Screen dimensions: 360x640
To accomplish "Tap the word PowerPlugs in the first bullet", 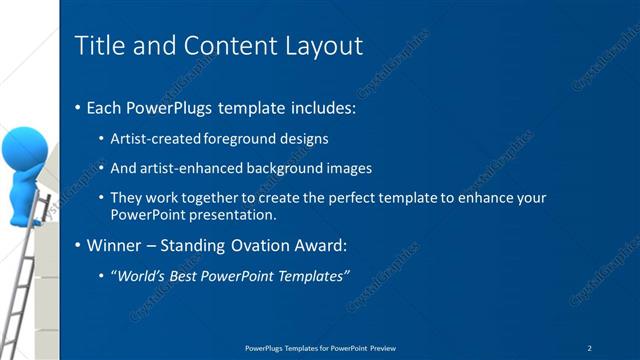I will tap(170, 106).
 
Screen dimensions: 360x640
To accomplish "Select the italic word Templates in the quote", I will tap(311, 275).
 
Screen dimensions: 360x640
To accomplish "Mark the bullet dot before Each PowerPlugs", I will tap(79, 107).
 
